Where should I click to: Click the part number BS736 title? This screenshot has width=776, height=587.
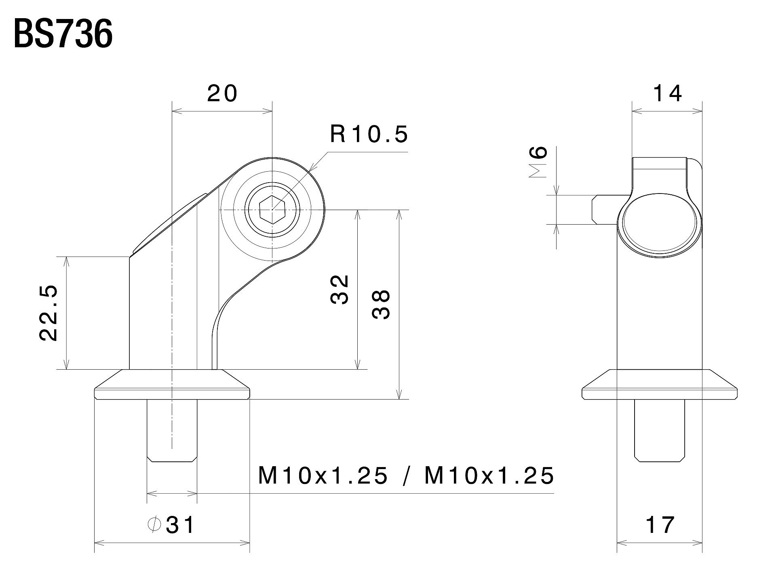pos(63,35)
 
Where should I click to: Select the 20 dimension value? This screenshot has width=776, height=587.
pos(222,94)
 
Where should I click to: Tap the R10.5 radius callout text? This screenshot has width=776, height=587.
pos(369,134)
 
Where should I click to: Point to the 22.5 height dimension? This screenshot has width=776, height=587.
pos(49,313)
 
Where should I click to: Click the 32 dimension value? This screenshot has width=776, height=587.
pos(339,290)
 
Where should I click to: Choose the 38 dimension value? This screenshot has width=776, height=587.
pos(381,305)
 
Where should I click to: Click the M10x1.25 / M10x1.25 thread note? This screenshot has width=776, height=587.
pos(406,475)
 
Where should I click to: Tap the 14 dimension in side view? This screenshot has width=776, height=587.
pos(667,94)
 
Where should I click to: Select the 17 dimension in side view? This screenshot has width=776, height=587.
pos(660,525)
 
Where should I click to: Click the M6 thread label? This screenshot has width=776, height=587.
pos(538,162)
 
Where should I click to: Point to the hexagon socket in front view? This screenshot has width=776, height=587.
pos(272,209)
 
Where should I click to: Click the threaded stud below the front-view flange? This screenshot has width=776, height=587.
pos(172,430)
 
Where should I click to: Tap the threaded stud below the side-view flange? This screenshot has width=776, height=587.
pos(660,430)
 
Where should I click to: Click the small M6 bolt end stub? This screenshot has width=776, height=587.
pos(605,210)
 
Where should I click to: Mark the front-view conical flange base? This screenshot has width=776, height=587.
pos(172,384)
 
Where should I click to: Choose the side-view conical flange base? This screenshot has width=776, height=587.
pos(660,384)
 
